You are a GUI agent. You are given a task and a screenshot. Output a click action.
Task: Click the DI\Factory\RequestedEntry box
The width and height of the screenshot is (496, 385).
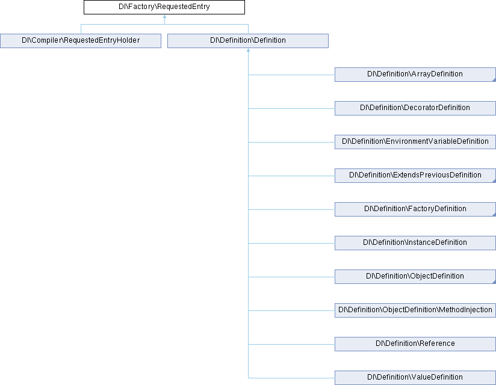tap(164, 7)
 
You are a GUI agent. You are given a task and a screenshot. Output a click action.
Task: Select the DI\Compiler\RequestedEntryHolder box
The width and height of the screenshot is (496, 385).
tap(81, 41)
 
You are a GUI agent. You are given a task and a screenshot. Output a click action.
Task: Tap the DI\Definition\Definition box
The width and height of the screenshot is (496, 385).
tap(248, 41)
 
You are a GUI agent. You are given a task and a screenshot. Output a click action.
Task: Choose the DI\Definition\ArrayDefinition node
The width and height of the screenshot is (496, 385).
tap(415, 75)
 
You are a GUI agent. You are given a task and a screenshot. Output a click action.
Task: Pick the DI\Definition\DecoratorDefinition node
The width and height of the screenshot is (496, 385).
tap(415, 108)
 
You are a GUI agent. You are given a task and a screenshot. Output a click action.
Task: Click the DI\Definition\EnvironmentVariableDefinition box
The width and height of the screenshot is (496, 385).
tap(415, 142)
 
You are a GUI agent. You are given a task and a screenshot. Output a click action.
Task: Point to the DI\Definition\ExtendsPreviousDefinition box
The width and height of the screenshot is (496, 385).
tap(415, 176)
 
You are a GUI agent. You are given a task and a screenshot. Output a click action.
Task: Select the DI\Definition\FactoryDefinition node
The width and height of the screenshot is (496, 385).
tap(415, 209)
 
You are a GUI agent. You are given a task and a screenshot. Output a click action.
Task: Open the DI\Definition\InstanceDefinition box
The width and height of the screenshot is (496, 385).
tap(415, 243)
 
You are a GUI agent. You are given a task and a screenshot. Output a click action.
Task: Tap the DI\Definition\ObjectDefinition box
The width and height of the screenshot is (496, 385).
tap(415, 277)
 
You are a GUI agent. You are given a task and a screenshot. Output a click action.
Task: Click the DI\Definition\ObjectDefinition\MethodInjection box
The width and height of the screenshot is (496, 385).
tap(415, 310)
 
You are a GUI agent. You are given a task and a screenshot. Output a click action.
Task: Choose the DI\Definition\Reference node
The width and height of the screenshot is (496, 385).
tap(415, 344)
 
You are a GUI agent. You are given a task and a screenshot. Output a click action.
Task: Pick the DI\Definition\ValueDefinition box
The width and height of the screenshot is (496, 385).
tap(415, 378)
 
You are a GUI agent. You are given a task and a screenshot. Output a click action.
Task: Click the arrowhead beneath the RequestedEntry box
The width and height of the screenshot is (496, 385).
tap(164, 16)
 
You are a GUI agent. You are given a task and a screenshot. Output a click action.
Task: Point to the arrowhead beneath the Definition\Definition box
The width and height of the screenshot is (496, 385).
tap(249, 50)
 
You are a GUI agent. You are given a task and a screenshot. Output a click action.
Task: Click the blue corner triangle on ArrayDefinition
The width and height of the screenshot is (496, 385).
tap(494, 79)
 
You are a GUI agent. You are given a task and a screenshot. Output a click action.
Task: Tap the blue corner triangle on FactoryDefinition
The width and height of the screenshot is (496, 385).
tap(494, 215)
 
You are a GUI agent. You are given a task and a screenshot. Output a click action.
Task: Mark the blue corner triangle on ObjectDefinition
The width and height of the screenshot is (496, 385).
tap(494, 282)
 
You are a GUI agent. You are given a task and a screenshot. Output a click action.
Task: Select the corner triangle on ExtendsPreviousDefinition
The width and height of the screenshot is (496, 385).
tap(494, 181)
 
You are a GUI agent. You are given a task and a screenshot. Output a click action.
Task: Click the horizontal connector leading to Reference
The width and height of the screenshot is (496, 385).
tap(291, 344)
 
